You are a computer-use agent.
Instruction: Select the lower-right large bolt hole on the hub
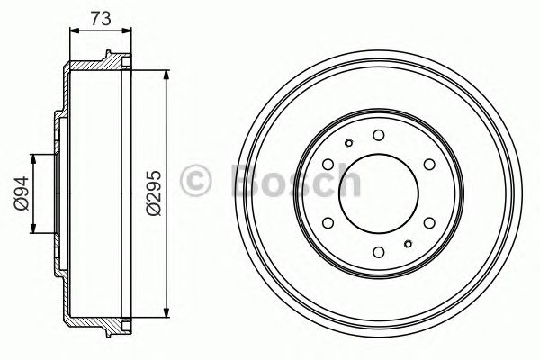pos(427,221)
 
